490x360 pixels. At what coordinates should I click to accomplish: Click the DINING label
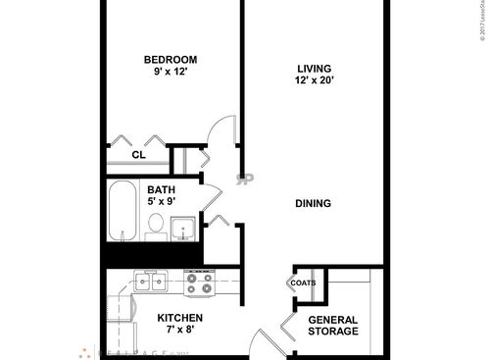click(x=314, y=204)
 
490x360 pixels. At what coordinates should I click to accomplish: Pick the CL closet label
click(x=138, y=154)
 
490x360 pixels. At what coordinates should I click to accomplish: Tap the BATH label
click(x=161, y=190)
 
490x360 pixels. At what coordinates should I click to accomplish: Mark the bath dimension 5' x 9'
click(x=161, y=203)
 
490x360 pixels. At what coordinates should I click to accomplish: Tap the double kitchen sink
click(x=152, y=283)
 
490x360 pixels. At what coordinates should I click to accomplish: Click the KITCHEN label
click(x=180, y=319)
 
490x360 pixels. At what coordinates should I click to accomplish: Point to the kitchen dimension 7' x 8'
click(x=180, y=332)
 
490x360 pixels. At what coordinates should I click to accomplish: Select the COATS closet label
click(x=303, y=283)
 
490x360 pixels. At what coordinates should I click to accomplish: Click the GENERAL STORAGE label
click(x=333, y=326)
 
